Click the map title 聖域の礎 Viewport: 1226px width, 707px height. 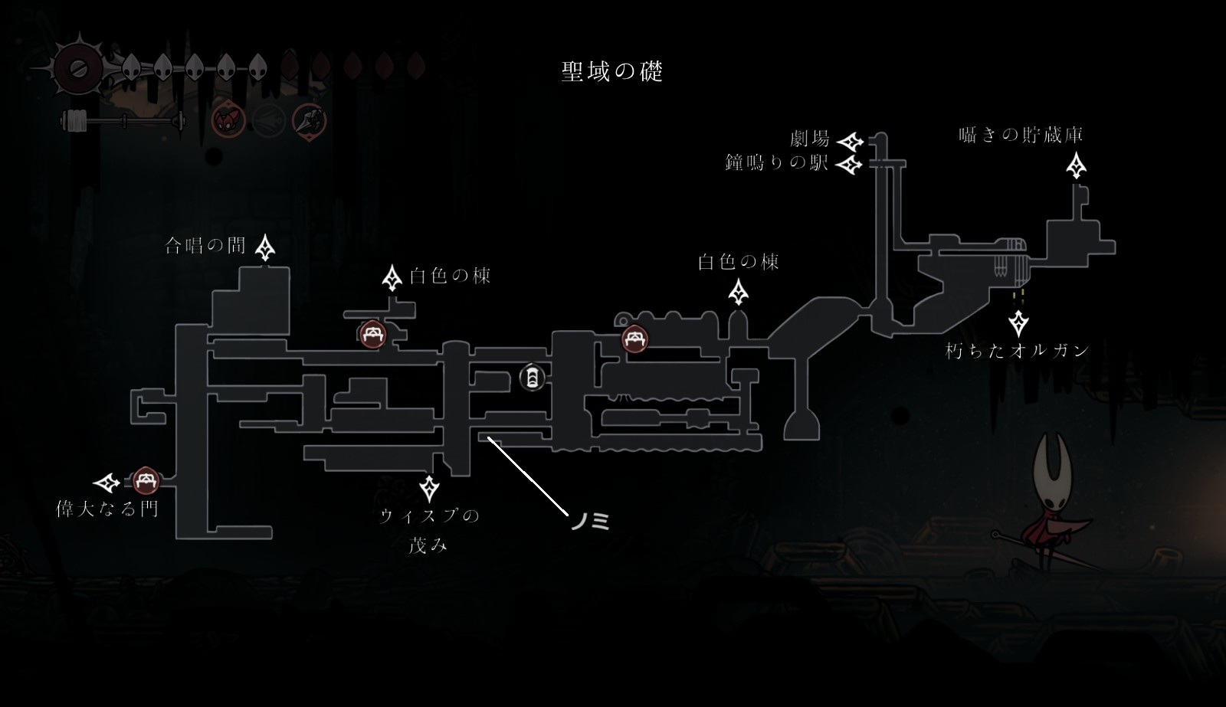611,72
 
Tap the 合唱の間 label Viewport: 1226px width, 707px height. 205,245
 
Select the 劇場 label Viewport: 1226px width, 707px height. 810,139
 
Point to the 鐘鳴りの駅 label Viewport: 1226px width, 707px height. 777,162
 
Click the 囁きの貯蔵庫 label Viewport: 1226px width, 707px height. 1021,136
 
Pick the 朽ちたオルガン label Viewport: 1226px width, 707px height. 1018,351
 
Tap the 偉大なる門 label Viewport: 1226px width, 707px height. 107,509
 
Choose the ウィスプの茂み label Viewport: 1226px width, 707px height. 429,529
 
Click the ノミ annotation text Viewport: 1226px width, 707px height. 590,522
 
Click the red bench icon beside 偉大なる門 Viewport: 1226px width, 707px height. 146,482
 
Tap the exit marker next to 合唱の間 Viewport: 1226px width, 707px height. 266,247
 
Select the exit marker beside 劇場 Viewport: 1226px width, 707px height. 850,142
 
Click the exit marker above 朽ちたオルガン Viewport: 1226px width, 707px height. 1018,323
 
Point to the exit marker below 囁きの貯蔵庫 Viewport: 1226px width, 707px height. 1077,165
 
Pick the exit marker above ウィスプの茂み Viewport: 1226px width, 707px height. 430,487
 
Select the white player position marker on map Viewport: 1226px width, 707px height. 532,377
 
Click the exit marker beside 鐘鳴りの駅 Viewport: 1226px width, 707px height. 850,165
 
